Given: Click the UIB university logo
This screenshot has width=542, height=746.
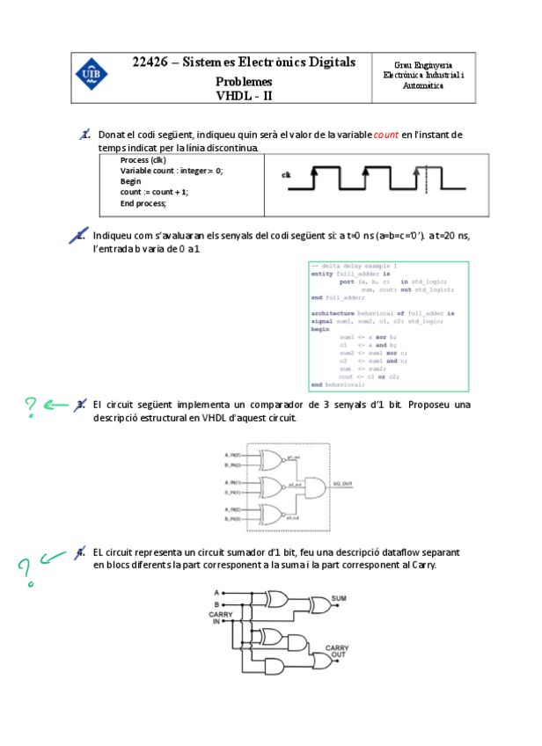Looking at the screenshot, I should click(91, 73).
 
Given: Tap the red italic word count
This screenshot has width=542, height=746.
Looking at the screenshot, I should click(386, 135).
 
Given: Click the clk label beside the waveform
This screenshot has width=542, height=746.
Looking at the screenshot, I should click(286, 175).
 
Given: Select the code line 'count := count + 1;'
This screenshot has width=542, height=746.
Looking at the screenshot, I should click(154, 192).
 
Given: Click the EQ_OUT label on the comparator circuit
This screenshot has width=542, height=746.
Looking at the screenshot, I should click(343, 483).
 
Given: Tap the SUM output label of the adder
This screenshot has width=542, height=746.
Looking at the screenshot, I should click(339, 598).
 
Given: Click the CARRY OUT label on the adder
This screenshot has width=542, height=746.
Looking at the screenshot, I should click(337, 651).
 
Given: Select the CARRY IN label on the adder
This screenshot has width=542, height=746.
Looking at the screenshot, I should click(209, 617).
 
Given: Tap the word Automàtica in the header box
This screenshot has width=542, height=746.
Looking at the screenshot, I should click(423, 85).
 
